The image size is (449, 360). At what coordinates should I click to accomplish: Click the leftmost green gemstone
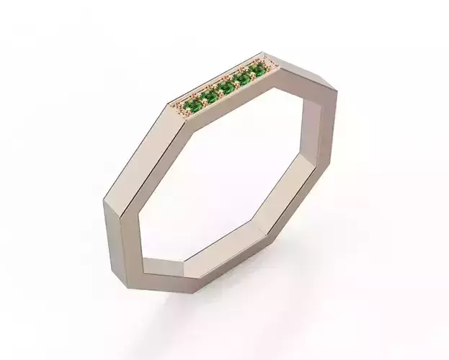(x=191, y=107)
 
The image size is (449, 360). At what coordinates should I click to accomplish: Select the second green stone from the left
(x=209, y=96)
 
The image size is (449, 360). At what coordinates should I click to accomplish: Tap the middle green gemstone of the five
(x=226, y=87)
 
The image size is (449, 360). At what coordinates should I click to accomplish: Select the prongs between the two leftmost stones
(x=200, y=102)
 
